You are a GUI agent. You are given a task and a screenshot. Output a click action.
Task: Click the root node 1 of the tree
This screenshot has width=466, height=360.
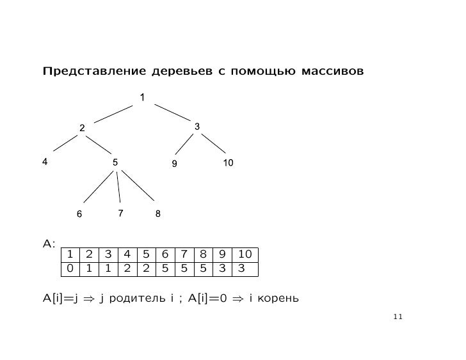[x=143, y=97]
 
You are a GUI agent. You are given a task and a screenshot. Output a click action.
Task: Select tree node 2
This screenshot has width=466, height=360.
[x=82, y=129]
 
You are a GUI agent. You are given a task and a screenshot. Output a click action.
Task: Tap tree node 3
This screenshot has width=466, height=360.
[x=197, y=127]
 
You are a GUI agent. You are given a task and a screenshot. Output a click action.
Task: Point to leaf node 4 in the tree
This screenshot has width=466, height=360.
[x=44, y=162]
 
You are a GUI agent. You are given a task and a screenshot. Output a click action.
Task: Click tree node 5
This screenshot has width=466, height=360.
[x=115, y=162]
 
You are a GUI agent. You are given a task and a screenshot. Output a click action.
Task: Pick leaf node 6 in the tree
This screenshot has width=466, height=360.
[x=79, y=214]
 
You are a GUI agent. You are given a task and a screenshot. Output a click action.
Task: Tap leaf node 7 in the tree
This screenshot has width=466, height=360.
[x=120, y=212]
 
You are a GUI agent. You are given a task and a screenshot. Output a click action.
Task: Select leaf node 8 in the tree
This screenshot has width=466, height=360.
[x=157, y=214]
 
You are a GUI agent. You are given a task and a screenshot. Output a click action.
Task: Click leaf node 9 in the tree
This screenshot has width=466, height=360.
[x=173, y=164]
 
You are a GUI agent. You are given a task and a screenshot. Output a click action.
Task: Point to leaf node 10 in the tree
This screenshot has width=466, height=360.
[x=229, y=163]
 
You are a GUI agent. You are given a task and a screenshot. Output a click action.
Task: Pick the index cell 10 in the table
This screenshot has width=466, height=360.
[x=245, y=254]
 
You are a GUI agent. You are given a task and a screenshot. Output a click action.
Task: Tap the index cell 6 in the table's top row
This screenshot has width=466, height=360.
[x=165, y=254]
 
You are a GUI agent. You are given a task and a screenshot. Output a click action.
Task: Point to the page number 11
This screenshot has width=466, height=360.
[x=399, y=316]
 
